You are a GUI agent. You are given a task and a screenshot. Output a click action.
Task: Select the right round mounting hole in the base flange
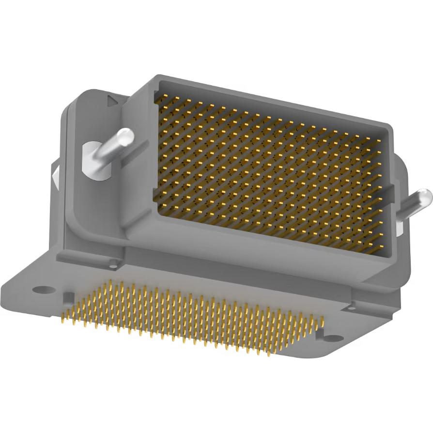[x=331, y=338]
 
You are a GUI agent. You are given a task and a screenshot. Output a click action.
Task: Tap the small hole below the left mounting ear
[x=114, y=264]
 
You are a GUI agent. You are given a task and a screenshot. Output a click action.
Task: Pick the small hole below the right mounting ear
[x=352, y=306]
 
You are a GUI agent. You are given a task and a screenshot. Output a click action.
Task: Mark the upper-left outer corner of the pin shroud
[x=156, y=77]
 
